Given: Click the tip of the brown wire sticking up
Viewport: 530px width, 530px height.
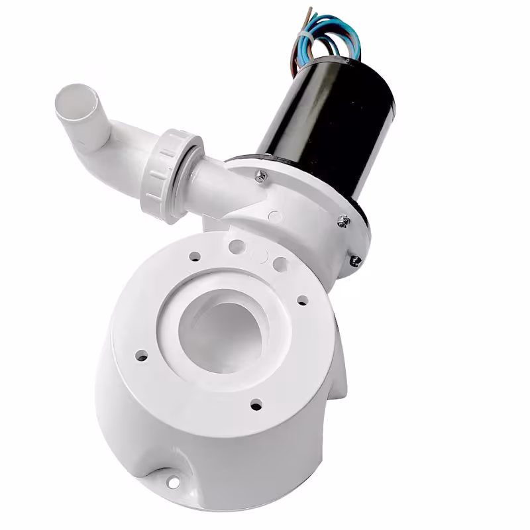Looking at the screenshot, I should point(309,9).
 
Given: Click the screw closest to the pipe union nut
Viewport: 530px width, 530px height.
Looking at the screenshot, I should point(261,176).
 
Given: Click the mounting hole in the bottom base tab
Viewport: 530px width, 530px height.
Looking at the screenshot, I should point(173,482).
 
